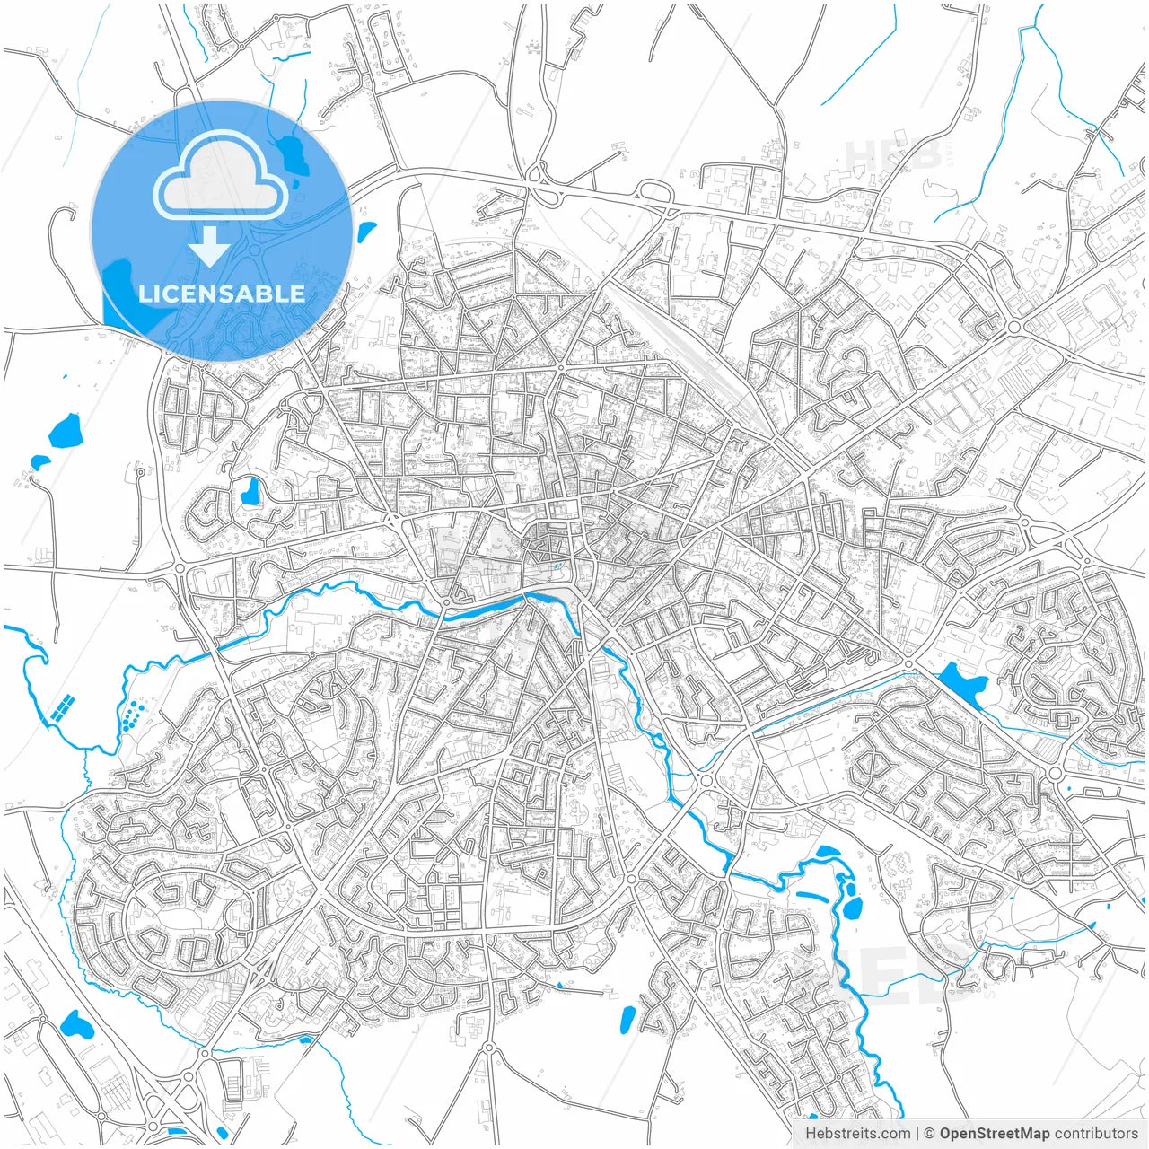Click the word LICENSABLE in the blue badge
[x=221, y=294]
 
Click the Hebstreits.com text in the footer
[x=857, y=1134]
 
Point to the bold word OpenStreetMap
[x=994, y=1134]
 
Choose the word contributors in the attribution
[x=1096, y=1134]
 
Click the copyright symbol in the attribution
[x=930, y=1134]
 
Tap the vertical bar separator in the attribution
[x=917, y=1134]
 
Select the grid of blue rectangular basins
[x=63, y=709]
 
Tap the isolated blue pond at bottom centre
[x=627, y=1018]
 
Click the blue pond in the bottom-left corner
[x=75, y=1022]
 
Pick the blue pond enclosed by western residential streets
[x=249, y=490]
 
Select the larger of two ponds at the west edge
[x=65, y=431]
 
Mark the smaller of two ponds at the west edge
[x=40, y=462]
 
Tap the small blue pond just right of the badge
[x=366, y=232]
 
